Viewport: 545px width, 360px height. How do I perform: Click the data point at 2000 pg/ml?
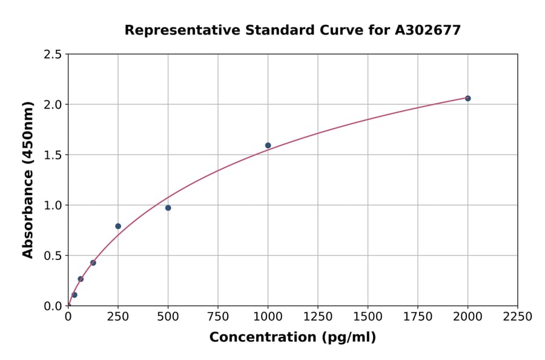[x=467, y=98]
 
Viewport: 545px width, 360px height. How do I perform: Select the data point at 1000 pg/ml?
[x=268, y=145]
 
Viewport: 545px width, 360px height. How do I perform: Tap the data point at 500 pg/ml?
[x=168, y=208]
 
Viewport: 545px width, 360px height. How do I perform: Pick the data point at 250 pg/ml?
[x=118, y=226]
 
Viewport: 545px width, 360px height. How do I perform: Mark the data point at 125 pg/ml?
[x=93, y=262]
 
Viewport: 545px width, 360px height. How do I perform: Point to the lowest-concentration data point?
[x=74, y=295]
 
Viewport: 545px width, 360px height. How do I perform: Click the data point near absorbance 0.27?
[x=81, y=279]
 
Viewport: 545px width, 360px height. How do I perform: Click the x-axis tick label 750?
[x=218, y=317]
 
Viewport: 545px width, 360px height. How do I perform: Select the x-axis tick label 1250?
[x=318, y=317]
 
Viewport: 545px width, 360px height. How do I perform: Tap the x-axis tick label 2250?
[x=518, y=317]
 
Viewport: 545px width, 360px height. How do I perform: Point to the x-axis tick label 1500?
[x=368, y=317]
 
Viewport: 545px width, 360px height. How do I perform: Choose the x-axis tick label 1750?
[x=418, y=317]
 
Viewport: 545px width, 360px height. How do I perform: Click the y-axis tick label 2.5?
[x=52, y=55]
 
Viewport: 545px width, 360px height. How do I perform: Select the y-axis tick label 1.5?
[x=52, y=155]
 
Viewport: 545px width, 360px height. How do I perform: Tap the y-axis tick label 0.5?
[x=52, y=256]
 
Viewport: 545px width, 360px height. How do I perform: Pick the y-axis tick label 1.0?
[x=52, y=205]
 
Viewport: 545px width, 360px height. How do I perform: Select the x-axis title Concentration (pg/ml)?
[x=292, y=338]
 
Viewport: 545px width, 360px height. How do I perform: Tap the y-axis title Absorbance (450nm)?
[x=28, y=180]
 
